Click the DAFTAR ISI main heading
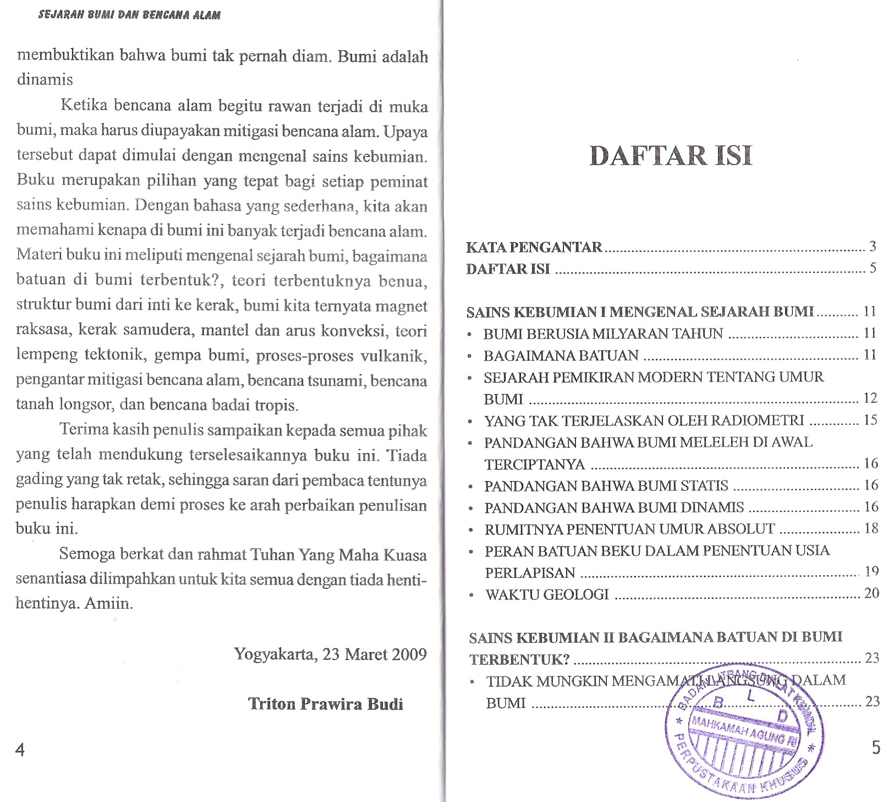[670, 156]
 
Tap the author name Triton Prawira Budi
[326, 704]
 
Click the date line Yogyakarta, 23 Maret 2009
[330, 654]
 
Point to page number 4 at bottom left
[20, 749]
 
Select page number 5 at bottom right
[876, 748]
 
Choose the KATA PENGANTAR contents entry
[534, 247]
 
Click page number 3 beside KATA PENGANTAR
[873, 247]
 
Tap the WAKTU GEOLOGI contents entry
[547, 594]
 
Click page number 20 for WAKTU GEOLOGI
[871, 593]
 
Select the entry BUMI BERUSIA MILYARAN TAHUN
[603, 334]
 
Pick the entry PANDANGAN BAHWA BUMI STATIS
[606, 486]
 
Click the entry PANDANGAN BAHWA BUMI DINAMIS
[614, 508]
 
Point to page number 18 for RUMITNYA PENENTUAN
[871, 528]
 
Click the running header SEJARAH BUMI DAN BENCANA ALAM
[129, 15]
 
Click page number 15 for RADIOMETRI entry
[870, 420]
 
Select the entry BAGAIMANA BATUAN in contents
[561, 356]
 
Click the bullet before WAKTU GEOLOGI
[470, 595]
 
